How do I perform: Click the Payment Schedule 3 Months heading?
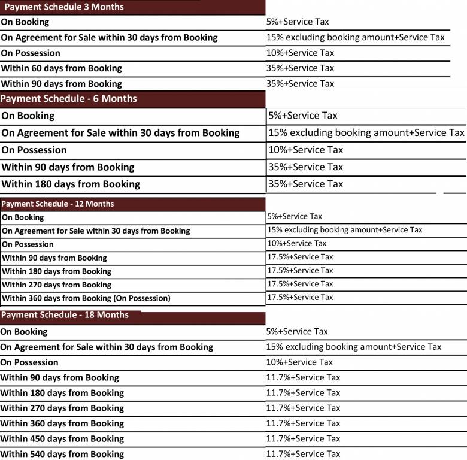click(x=64, y=7)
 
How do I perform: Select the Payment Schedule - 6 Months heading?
click(x=69, y=99)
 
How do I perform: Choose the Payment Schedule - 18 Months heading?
click(x=65, y=315)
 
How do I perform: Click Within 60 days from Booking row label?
click(x=61, y=68)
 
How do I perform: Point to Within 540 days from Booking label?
click(x=62, y=454)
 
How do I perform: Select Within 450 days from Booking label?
click(x=62, y=439)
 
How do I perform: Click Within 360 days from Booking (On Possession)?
click(x=86, y=298)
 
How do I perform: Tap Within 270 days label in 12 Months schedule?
click(x=57, y=285)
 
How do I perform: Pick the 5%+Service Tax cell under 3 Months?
click(x=298, y=22)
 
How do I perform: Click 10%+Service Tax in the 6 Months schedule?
click(x=305, y=150)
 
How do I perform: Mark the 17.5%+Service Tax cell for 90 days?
click(x=300, y=257)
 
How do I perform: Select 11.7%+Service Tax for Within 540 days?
click(x=303, y=454)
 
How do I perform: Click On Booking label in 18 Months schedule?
click(x=24, y=332)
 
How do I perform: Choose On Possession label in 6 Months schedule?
click(x=34, y=150)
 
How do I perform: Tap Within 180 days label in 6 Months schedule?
click(x=71, y=184)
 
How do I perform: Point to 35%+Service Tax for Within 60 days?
click(x=300, y=68)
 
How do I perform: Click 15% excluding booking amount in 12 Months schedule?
click(x=344, y=230)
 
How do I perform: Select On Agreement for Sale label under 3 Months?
click(x=109, y=37)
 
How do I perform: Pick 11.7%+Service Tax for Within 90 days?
click(x=303, y=377)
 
